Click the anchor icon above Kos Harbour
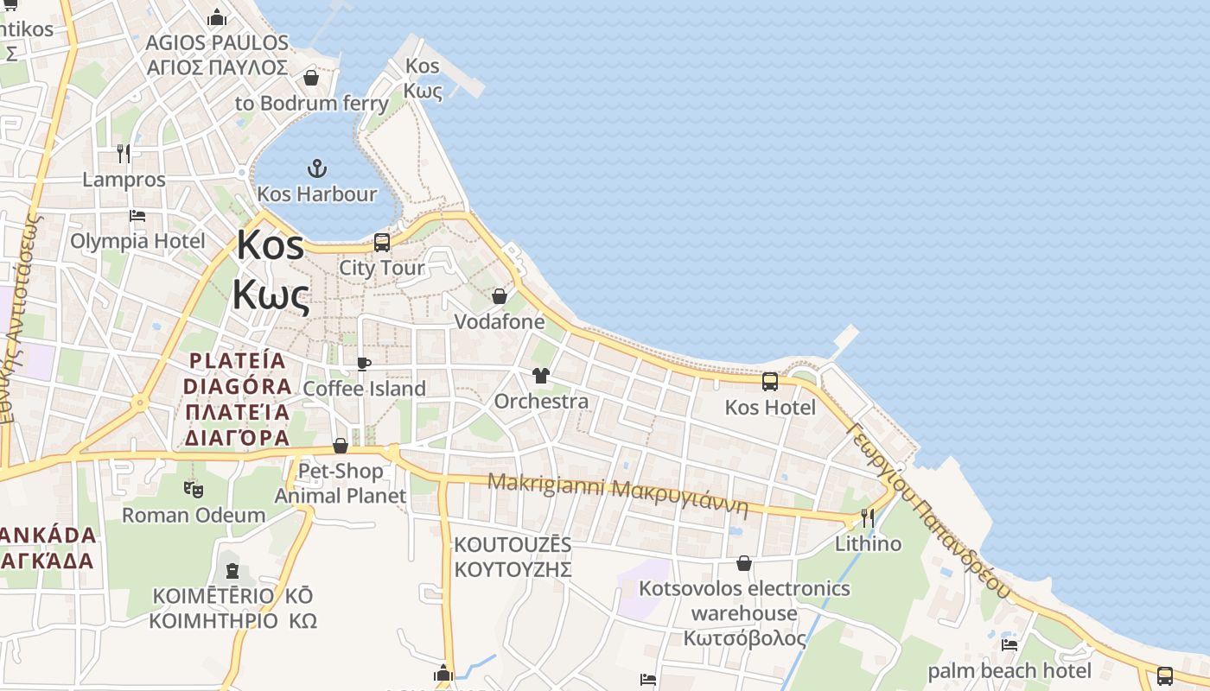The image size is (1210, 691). pyautogui.click(x=317, y=168)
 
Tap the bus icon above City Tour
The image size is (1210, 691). pyautogui.click(x=382, y=243)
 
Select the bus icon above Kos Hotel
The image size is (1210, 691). pyautogui.click(x=770, y=381)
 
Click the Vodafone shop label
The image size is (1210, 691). pyautogui.click(x=500, y=322)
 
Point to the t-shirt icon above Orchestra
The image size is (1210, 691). pyautogui.click(x=541, y=376)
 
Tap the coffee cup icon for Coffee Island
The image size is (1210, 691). pyautogui.click(x=364, y=364)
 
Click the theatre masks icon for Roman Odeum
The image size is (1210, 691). pyautogui.click(x=194, y=490)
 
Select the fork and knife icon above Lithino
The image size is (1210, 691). pyautogui.click(x=868, y=518)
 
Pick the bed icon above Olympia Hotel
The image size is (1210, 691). pyautogui.click(x=137, y=216)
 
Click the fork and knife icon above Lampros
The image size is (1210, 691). pyautogui.click(x=124, y=154)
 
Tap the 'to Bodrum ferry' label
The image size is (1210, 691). pyautogui.click(x=312, y=104)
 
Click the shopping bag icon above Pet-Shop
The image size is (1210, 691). pyautogui.click(x=341, y=446)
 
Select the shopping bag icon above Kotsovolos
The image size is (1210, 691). pyautogui.click(x=744, y=564)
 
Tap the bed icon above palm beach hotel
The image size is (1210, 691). pyautogui.click(x=1009, y=645)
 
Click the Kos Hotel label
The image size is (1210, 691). pyautogui.click(x=770, y=408)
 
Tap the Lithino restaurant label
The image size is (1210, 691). pyautogui.click(x=868, y=544)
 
